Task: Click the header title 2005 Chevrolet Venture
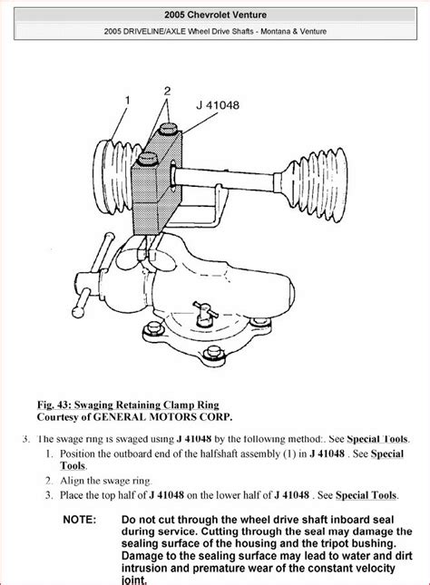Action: [215, 15]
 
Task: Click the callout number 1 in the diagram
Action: [128, 101]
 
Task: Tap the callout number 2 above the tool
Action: [167, 91]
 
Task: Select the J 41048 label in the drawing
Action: [218, 105]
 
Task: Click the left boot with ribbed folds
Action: [112, 177]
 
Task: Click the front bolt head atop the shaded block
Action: [148, 159]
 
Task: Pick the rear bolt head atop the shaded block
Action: [167, 129]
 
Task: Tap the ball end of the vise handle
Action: [79, 311]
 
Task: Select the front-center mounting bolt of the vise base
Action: [213, 352]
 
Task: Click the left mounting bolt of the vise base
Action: [153, 328]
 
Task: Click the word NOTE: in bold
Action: [80, 520]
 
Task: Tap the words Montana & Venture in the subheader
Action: [293, 32]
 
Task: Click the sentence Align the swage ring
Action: [106, 481]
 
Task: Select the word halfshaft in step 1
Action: [218, 453]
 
